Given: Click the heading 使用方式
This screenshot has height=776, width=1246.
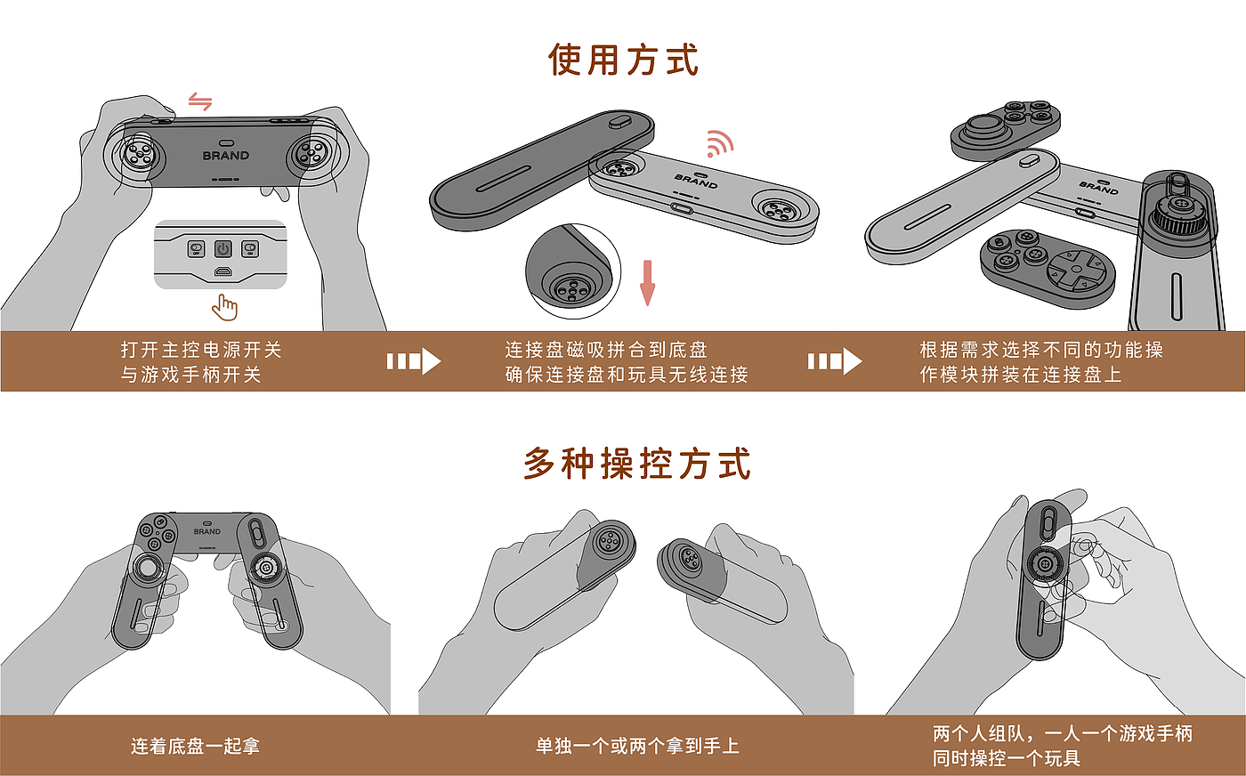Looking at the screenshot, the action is click(x=623, y=60).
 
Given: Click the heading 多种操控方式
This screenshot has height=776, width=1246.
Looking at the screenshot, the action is click(x=637, y=464).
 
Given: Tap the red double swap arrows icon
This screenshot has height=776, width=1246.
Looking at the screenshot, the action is click(x=200, y=101).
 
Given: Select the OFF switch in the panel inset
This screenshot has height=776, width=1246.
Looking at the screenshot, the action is click(x=196, y=248).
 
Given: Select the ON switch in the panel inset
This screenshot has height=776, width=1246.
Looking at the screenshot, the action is click(x=250, y=248).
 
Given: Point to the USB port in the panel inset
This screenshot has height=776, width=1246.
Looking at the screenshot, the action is click(x=223, y=272).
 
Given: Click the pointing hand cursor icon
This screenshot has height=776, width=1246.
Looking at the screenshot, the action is click(x=224, y=308).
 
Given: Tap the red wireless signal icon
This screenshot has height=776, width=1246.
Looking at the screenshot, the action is click(x=719, y=143).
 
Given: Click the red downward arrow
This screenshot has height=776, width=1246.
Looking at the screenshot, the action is click(x=647, y=283).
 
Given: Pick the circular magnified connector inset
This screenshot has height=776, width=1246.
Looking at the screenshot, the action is click(x=573, y=271).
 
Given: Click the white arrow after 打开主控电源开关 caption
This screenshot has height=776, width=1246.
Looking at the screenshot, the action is click(x=414, y=361).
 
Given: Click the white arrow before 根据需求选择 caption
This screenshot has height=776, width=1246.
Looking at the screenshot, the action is click(x=835, y=361).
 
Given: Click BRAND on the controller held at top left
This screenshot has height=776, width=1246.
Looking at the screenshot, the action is click(x=225, y=156).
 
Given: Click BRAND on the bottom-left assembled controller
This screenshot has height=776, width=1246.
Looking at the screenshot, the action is click(x=206, y=532).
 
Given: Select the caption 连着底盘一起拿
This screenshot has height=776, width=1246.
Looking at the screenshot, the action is click(x=195, y=746).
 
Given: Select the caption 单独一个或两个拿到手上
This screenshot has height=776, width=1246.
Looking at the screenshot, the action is click(x=637, y=746).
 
